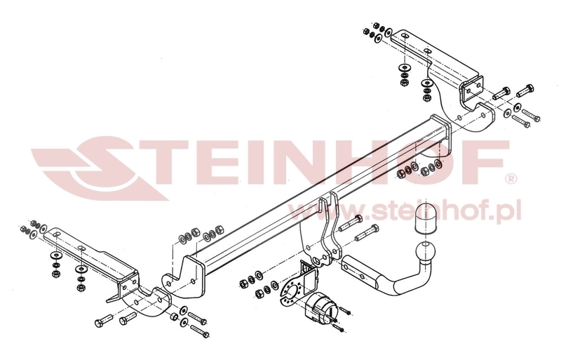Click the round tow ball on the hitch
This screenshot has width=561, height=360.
pyautogui.click(x=422, y=251)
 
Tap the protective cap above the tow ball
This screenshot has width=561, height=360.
pyautogui.click(x=425, y=219)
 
